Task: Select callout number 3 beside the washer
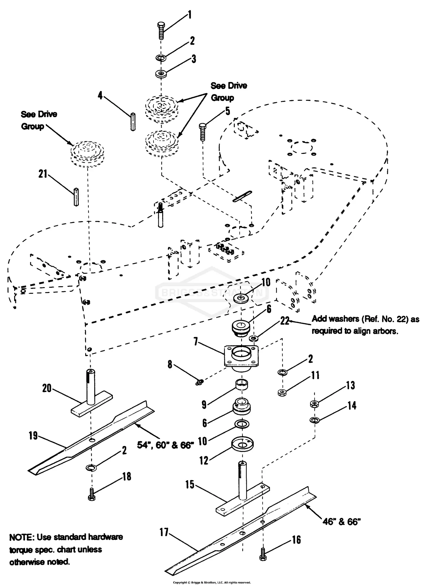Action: pos(194,59)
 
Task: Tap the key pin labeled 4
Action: pos(133,122)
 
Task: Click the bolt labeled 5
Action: pos(203,132)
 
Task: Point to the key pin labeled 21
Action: pos(76,197)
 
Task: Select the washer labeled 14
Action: pos(315,420)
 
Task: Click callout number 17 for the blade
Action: pos(164,532)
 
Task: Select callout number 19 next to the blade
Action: pos(33,436)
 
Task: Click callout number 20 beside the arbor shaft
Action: pos(47,388)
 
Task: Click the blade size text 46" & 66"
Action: pos(342,521)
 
